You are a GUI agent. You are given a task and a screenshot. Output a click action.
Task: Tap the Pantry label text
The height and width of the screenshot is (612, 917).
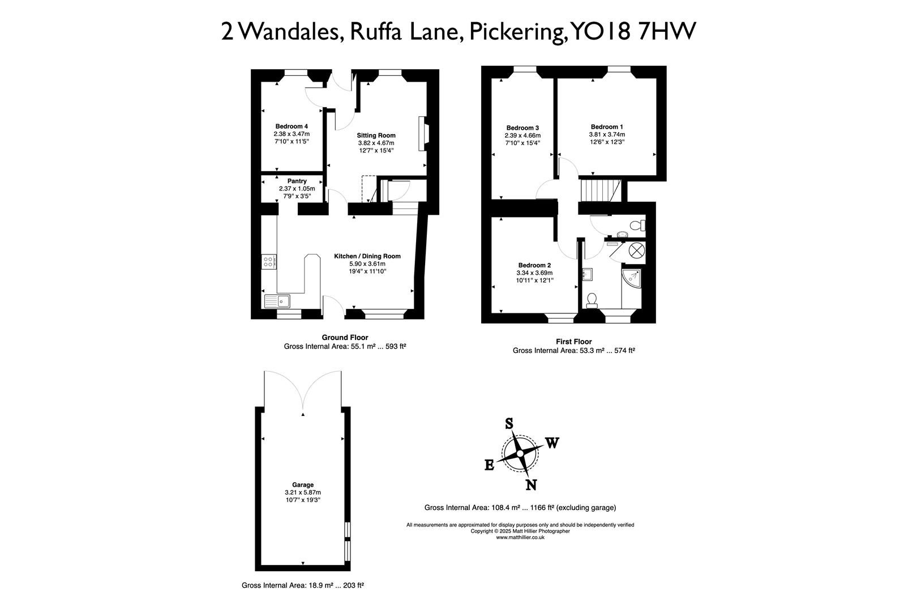click(x=297, y=181)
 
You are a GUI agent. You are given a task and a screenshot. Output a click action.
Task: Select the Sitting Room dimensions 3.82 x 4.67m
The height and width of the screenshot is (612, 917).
click(x=376, y=143)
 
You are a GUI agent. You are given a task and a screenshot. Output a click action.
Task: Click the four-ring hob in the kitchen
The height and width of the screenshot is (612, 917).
click(x=269, y=261)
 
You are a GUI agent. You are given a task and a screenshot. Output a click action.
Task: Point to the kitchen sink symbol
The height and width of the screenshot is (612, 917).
click(x=277, y=301)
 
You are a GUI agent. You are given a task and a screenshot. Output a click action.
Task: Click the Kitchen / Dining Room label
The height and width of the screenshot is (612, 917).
click(x=367, y=256)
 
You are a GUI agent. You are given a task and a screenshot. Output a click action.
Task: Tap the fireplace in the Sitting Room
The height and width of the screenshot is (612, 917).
click(x=423, y=134)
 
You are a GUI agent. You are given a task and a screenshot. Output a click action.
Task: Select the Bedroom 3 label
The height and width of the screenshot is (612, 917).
click(x=522, y=127)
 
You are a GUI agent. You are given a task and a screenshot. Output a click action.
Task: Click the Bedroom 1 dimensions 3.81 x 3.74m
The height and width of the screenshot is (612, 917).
click(x=607, y=135)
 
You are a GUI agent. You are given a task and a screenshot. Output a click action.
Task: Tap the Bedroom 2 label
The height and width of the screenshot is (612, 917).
click(x=534, y=265)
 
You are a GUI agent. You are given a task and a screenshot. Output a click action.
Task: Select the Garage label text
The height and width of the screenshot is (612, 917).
click(x=303, y=485)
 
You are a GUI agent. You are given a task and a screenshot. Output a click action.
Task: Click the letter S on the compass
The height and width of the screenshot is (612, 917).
click(x=509, y=424)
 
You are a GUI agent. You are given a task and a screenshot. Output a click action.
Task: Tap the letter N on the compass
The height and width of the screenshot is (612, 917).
click(x=531, y=484)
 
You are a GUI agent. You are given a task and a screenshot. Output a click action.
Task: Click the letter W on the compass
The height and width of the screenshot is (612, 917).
click(x=552, y=443)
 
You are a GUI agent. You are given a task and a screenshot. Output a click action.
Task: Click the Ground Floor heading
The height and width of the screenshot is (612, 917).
click(x=345, y=338)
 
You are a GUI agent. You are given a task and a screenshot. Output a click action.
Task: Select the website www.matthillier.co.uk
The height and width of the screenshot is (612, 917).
click(x=520, y=538)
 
